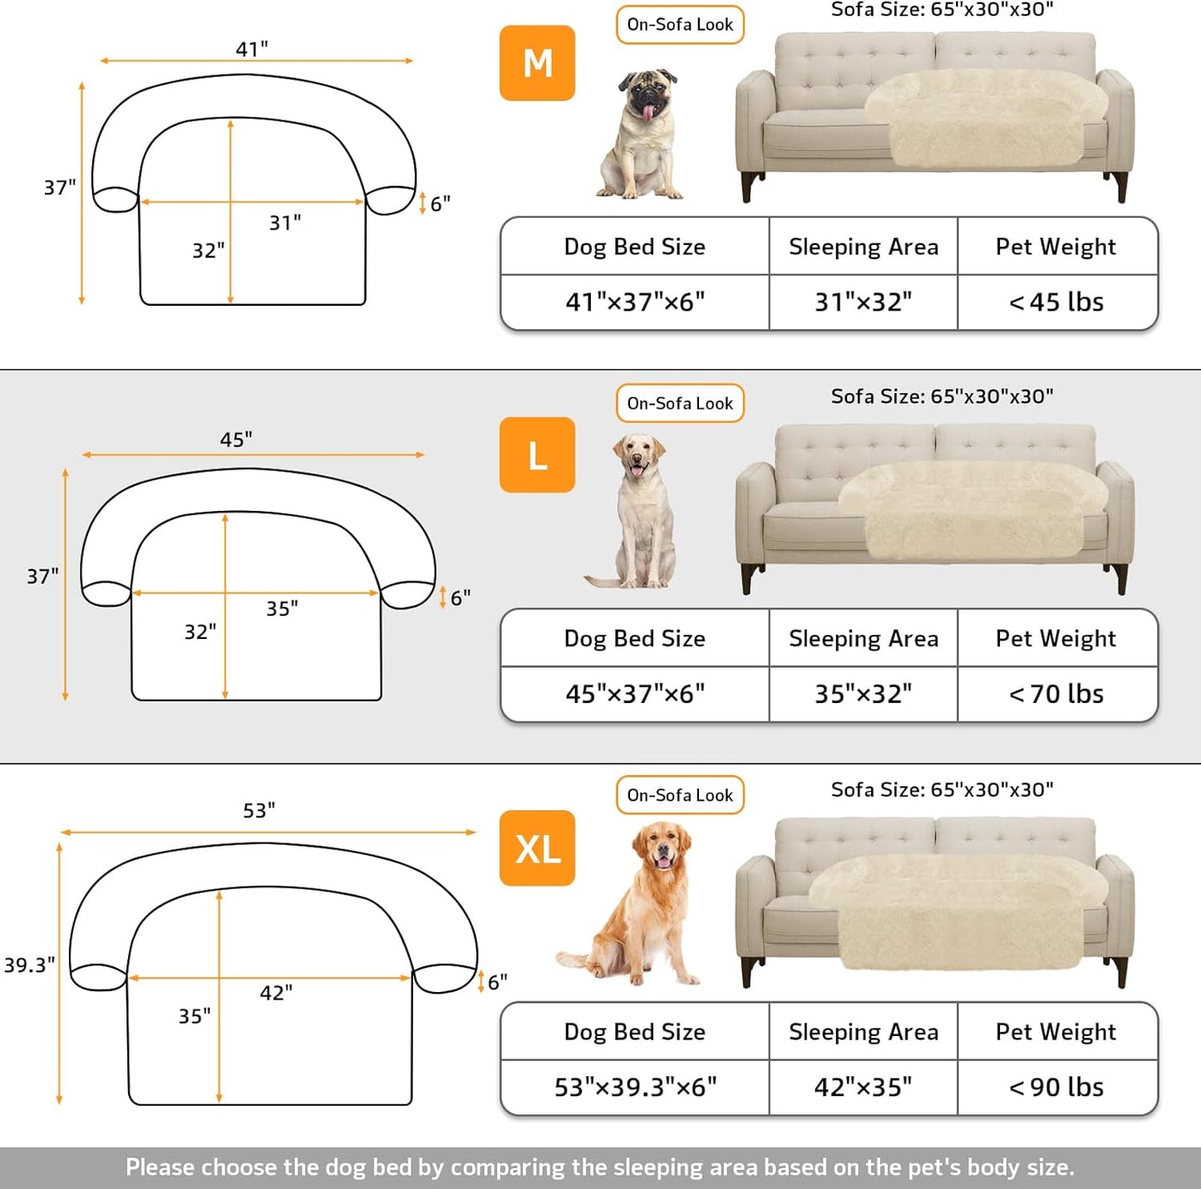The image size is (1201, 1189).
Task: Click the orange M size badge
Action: (537, 63)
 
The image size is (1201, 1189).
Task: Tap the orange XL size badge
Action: (537, 848)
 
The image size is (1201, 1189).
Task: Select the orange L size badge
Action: (537, 455)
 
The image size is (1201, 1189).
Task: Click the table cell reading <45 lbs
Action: (1056, 302)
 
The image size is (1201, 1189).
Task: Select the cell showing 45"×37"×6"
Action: (635, 694)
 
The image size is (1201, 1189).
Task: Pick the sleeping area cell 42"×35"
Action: (863, 1087)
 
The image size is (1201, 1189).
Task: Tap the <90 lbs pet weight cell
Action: (1056, 1087)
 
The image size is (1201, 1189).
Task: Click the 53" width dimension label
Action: (258, 810)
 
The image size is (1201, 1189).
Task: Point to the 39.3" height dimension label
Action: (29, 965)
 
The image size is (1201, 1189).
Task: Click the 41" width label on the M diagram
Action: (251, 49)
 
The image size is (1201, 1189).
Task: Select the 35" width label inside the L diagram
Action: (282, 609)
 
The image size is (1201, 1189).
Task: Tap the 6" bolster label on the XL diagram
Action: (497, 982)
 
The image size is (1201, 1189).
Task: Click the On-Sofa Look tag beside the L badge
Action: (680, 403)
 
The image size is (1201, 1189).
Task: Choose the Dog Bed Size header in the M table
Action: (635, 247)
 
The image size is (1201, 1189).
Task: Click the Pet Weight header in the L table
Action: (1056, 638)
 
